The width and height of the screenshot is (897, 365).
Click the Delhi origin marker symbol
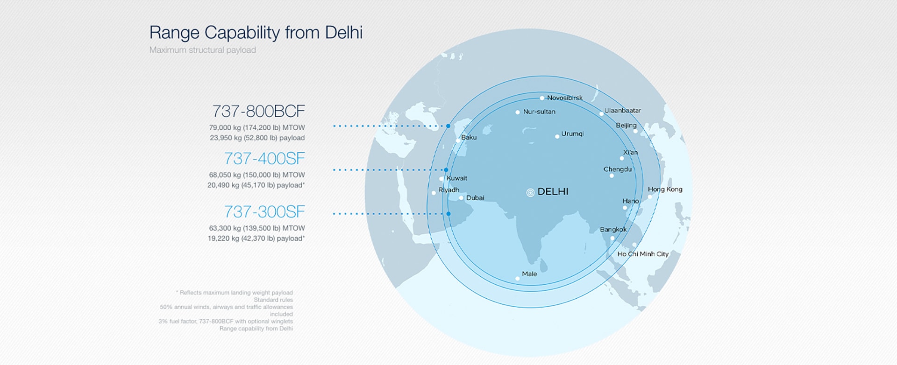click(x=530, y=192)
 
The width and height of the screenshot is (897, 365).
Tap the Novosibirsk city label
click(x=565, y=98)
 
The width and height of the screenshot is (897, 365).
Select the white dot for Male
click(x=517, y=279)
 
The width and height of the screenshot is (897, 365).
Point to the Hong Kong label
click(x=665, y=190)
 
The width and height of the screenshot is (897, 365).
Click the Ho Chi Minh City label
click(x=643, y=254)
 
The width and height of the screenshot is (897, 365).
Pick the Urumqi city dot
click(x=557, y=137)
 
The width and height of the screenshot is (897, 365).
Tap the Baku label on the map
click(x=469, y=137)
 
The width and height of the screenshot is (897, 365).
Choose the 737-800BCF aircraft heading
click(x=258, y=111)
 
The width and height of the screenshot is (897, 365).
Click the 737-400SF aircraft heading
click(x=264, y=159)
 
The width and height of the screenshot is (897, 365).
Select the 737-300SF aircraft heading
click(x=264, y=212)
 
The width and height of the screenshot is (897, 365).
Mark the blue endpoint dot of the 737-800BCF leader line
click(x=448, y=126)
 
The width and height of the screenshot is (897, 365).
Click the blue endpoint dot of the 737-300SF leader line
click(x=448, y=214)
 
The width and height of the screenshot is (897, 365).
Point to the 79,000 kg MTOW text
click(x=257, y=127)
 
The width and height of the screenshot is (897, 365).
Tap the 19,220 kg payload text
click(x=256, y=239)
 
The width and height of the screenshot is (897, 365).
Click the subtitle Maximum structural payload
click(x=202, y=50)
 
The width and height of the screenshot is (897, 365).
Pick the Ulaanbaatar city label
click(x=622, y=111)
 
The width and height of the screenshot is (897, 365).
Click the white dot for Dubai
click(x=461, y=198)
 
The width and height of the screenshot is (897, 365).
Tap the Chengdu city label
click(x=617, y=169)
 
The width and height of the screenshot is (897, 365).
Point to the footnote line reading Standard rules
click(x=273, y=300)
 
